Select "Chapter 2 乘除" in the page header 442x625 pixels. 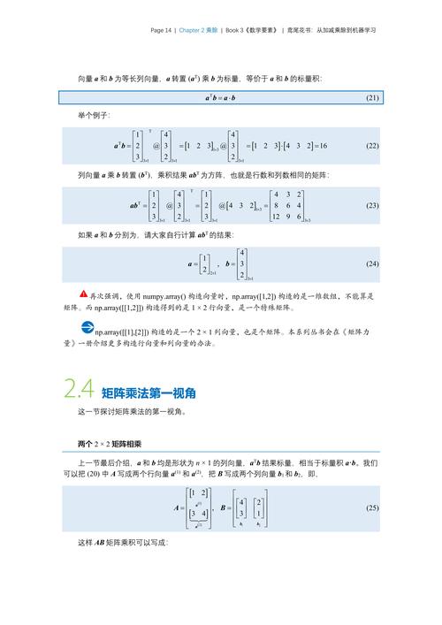click(x=197, y=30)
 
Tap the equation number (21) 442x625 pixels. click(x=371, y=97)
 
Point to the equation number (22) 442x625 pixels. click(x=371, y=145)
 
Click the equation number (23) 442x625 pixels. click(x=371, y=205)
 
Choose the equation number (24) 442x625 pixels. click(x=371, y=263)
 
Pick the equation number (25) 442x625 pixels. click(x=371, y=507)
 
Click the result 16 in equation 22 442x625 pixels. click(x=324, y=145)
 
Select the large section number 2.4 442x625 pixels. click(x=79, y=388)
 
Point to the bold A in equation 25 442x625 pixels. click(x=179, y=507)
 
